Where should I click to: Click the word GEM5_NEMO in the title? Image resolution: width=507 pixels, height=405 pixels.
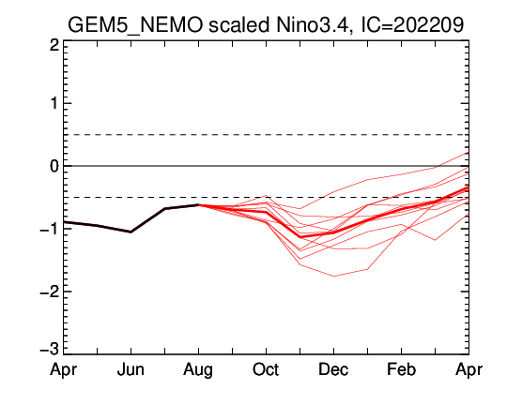pyautogui.click(x=135, y=25)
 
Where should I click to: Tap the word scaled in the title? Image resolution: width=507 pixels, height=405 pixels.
pyautogui.click(x=239, y=24)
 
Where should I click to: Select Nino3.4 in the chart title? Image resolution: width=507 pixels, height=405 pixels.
pyautogui.click(x=312, y=25)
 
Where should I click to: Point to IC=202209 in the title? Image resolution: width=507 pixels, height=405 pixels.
pyautogui.click(x=412, y=24)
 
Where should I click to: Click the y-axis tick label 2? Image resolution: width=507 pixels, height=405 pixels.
pyautogui.click(x=54, y=46)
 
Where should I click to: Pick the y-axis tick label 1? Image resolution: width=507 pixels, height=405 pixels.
pyautogui.click(x=54, y=104)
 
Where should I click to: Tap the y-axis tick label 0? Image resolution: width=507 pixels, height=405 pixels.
pyautogui.click(x=54, y=166)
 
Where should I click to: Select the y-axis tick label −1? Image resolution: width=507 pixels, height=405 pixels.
pyautogui.click(x=50, y=229)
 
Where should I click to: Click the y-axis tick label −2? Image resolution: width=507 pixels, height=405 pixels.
pyautogui.click(x=50, y=292)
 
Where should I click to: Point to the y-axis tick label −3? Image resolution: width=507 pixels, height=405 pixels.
pyautogui.click(x=50, y=350)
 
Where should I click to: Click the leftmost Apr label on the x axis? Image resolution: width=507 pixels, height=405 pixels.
pyautogui.click(x=64, y=370)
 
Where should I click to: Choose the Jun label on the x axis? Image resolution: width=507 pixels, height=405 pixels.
pyautogui.click(x=131, y=369)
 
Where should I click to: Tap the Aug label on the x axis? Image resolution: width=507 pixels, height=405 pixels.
pyautogui.click(x=198, y=370)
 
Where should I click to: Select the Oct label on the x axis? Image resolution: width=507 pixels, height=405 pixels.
pyautogui.click(x=266, y=369)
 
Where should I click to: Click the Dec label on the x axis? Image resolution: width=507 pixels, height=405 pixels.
pyautogui.click(x=333, y=369)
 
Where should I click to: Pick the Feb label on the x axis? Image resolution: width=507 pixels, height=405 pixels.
pyautogui.click(x=401, y=369)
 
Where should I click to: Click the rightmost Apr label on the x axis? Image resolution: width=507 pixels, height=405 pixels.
pyautogui.click(x=469, y=370)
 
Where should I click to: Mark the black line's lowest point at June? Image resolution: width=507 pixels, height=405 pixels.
pyautogui.click(x=131, y=232)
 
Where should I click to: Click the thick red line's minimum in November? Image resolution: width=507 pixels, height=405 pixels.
pyautogui.click(x=300, y=237)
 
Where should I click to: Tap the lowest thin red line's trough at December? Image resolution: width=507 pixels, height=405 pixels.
pyautogui.click(x=334, y=277)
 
